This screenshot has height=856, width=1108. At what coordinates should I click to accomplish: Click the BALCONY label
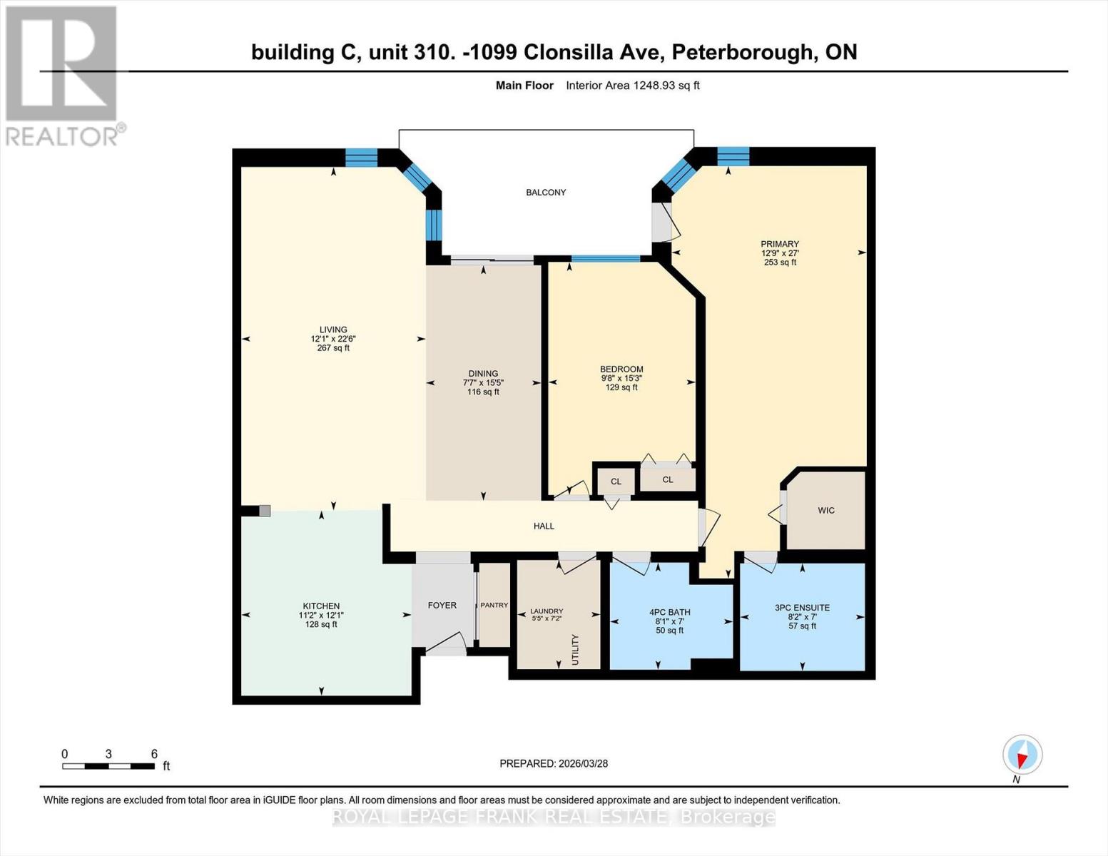coord(546,193)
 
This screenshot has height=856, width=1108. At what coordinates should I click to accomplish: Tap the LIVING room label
coord(333,330)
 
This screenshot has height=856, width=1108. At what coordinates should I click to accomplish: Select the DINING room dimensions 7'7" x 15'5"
coord(483,383)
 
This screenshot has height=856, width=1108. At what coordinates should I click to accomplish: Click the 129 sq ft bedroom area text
coord(621,387)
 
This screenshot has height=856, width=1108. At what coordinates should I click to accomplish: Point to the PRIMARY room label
coord(779,244)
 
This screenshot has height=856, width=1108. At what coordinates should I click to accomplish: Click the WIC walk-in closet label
coord(826,511)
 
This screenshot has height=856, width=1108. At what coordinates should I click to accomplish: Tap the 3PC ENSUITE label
coord(802,608)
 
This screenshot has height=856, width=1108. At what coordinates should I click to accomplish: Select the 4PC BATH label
coord(669,612)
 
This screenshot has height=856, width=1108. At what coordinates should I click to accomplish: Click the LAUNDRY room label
coord(547,611)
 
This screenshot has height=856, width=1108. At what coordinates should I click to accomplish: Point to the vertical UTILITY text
coord(575,649)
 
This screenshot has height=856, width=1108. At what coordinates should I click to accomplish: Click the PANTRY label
coord(494,605)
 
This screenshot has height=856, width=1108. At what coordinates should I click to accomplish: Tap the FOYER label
coord(442,605)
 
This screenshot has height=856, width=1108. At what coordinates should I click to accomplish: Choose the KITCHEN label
coord(321,606)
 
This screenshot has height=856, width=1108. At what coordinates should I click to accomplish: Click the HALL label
coord(544,526)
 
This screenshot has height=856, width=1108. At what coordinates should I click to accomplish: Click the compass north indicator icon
coord(1022,755)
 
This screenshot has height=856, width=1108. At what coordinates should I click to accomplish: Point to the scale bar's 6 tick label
coord(154,754)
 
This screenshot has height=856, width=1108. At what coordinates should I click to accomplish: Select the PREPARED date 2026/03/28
coord(581,763)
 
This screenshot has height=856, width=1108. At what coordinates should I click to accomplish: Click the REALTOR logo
coord(63,75)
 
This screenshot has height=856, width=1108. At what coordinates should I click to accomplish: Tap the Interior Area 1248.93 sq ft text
coord(632,86)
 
